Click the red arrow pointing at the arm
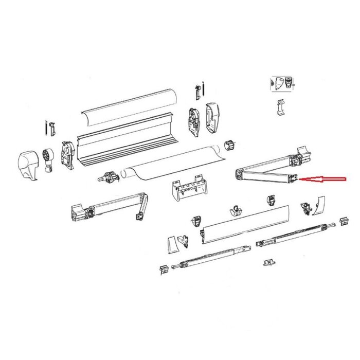pyautogui.click(x=324, y=179)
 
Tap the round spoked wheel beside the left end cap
pyautogui.click(x=49, y=154)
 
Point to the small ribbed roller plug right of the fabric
pyautogui.click(x=230, y=146)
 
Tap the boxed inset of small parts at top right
pyautogui.click(x=284, y=83)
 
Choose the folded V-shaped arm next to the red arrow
pyautogui.click(x=267, y=170)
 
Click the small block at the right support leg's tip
pyautogui.click(x=341, y=221)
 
